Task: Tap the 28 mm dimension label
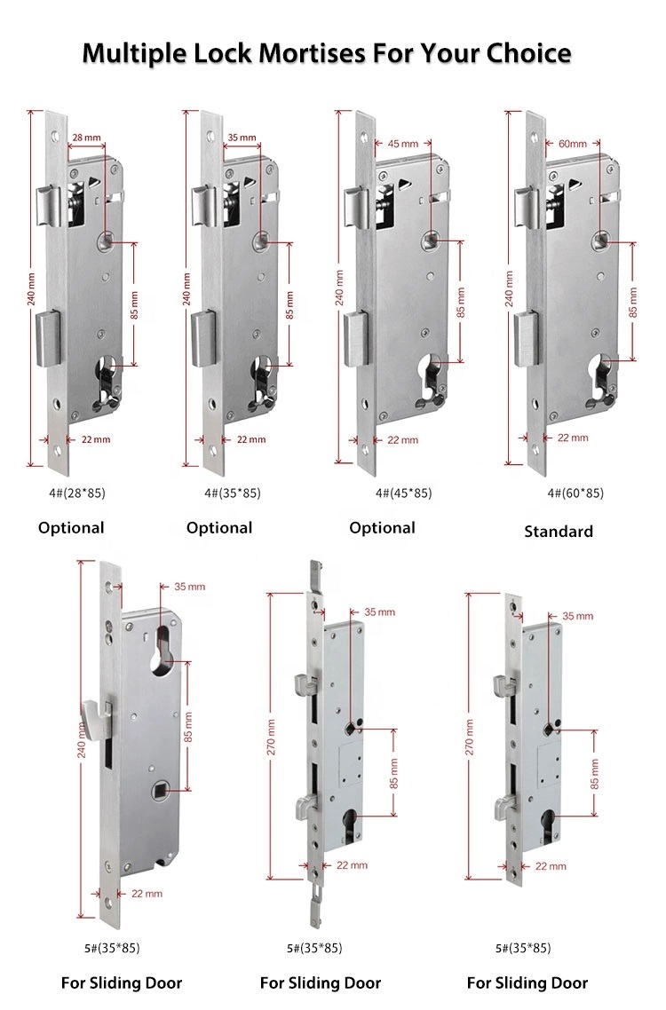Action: point(85,137)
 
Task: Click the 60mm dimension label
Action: point(572,143)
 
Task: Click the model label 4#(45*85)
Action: point(403,493)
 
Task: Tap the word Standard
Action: point(558,532)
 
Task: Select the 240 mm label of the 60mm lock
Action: point(509,289)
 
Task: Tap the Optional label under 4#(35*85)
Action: point(219,527)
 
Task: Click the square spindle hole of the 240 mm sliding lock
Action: point(161,788)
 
